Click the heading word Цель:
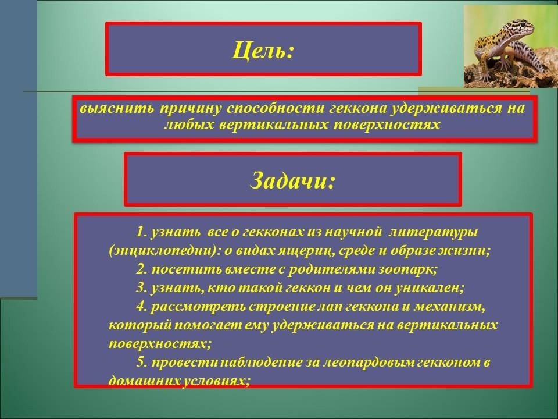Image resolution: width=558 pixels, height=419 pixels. (264, 50)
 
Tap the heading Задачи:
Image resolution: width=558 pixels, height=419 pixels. (292, 180)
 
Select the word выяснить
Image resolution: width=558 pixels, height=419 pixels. (117, 108)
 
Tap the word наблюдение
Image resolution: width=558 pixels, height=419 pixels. (262, 362)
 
